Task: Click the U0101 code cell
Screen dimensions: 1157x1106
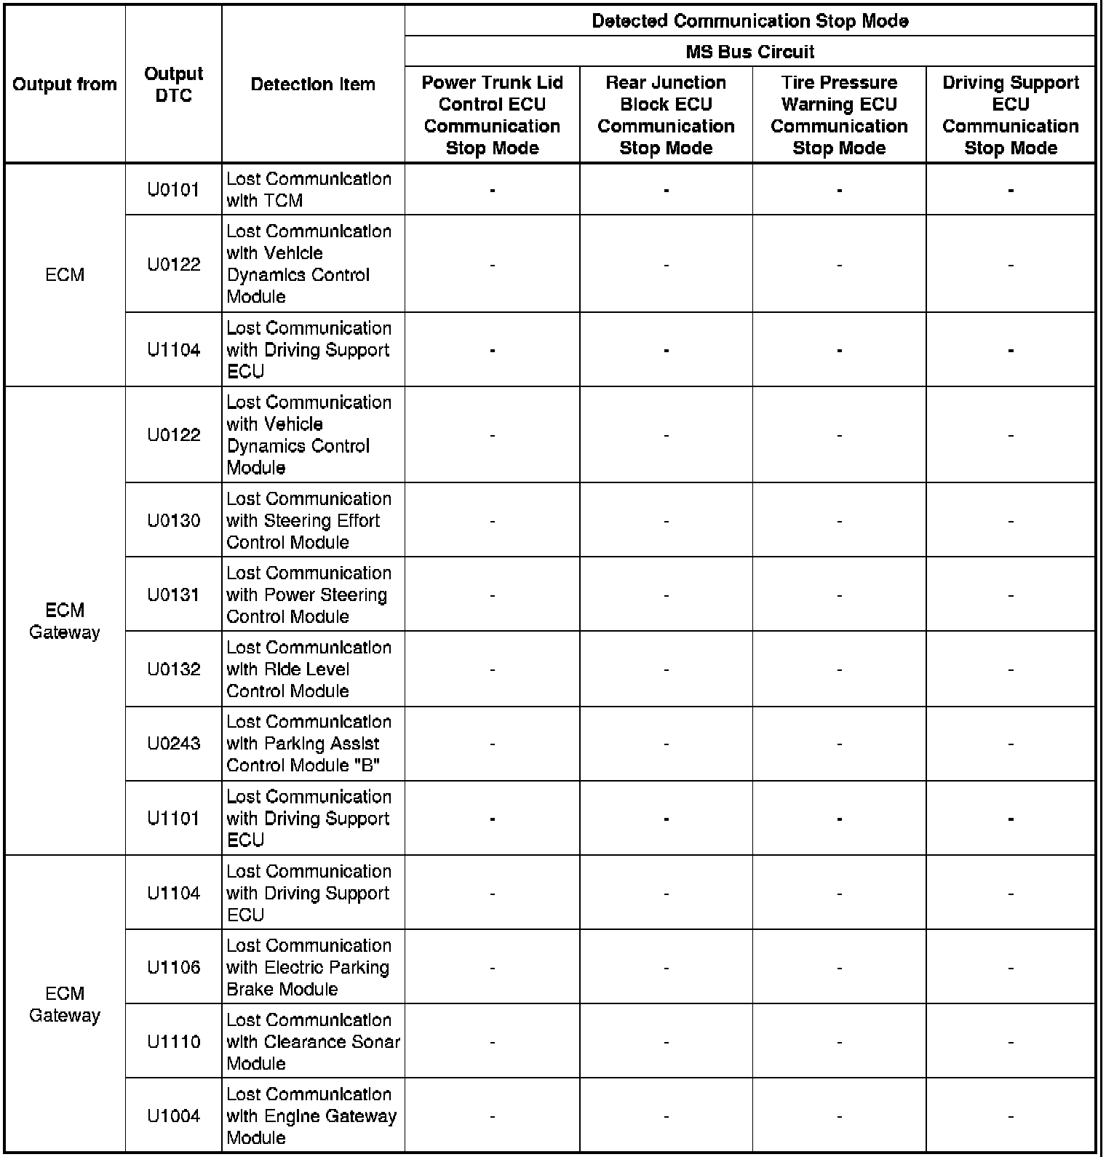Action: point(173,190)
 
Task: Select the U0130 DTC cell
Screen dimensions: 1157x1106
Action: point(173,520)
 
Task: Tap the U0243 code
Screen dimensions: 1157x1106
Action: point(173,744)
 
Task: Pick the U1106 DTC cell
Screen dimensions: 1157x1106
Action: point(173,967)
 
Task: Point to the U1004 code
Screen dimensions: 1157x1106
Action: point(173,1116)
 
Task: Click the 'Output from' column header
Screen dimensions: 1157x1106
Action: point(65,84)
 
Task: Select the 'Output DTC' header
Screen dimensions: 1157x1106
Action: point(173,84)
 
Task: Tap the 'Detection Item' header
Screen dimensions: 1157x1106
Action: point(313,84)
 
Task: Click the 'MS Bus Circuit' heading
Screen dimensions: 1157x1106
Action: point(749,52)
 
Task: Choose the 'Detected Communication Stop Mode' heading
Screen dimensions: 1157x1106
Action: point(749,21)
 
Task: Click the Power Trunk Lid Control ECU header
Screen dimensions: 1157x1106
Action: point(492,115)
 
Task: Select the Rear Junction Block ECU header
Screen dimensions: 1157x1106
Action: point(666,115)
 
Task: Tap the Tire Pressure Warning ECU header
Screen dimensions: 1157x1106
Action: point(839,115)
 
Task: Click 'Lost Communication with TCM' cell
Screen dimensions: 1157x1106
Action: point(309,190)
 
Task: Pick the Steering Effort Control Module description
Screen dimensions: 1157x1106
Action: point(309,520)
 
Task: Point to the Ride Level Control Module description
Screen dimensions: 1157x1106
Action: point(309,669)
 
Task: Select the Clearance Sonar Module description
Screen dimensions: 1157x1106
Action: point(313,1041)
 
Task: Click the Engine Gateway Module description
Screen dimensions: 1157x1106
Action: point(311,1116)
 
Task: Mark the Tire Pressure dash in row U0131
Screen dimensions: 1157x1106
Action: point(839,596)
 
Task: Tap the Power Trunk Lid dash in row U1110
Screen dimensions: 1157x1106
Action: point(493,1043)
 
